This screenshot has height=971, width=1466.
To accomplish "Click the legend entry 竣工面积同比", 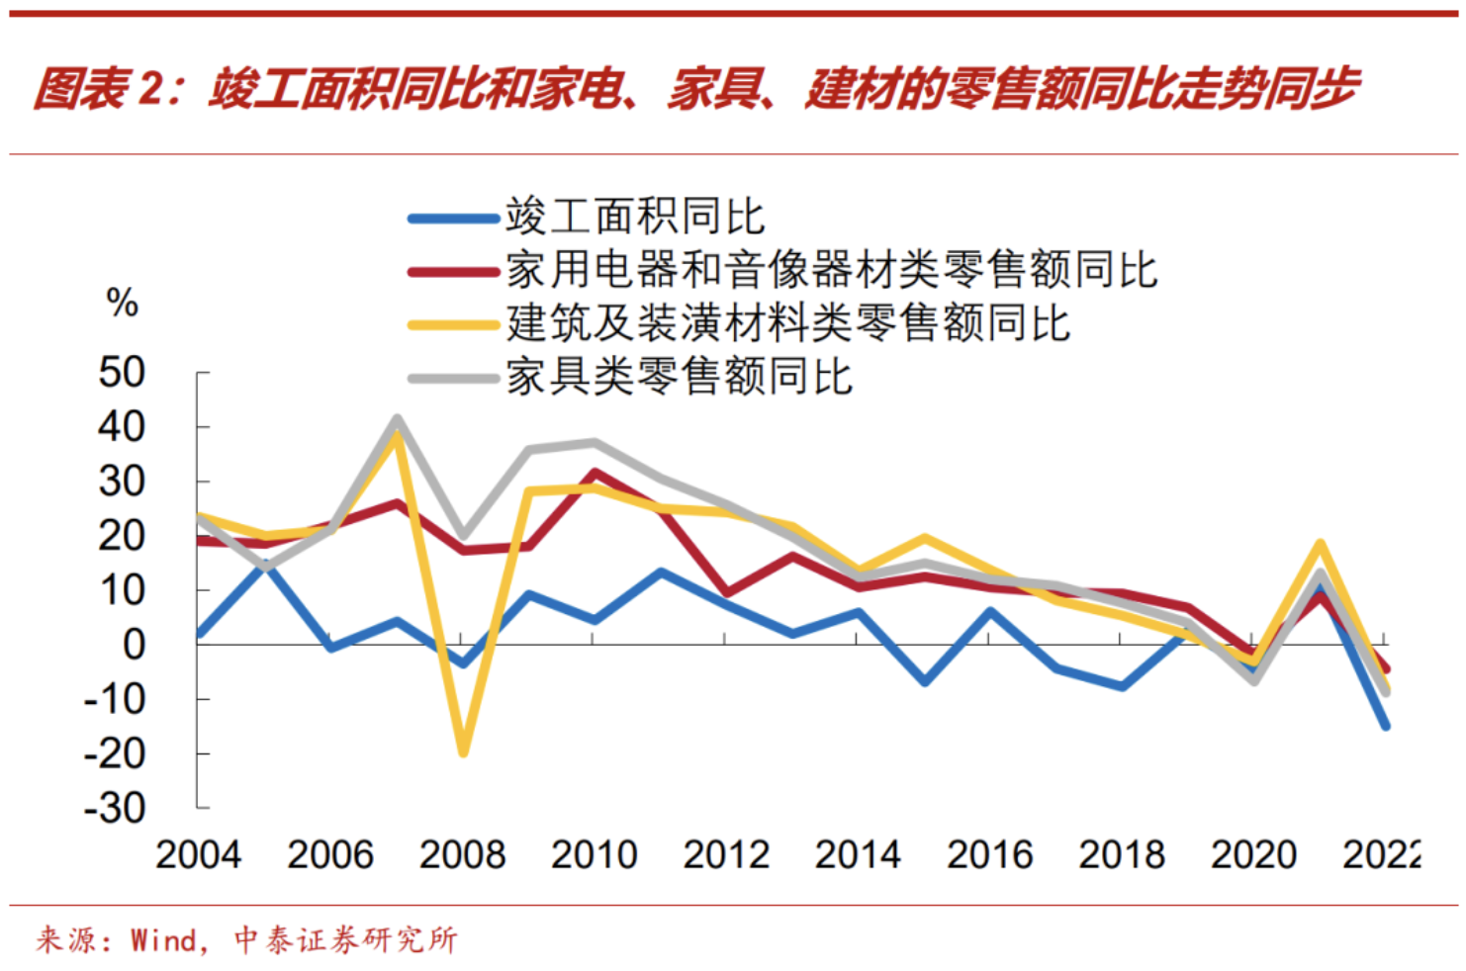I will (634, 216).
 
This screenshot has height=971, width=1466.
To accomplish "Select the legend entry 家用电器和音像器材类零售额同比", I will (831, 269).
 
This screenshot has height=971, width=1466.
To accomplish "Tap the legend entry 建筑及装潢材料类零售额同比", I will (787, 322).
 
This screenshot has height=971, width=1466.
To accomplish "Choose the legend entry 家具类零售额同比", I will (679, 377).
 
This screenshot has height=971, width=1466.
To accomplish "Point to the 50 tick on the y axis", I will (122, 373).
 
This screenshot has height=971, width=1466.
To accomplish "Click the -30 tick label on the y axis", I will (115, 808).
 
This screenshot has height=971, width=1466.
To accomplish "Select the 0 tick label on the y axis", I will (134, 645).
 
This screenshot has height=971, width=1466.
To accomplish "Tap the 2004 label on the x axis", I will (198, 854).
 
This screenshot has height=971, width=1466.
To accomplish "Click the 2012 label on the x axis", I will (725, 854).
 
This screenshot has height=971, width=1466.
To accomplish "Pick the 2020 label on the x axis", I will (1252, 854).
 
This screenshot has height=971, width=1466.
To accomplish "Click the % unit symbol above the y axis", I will (122, 303).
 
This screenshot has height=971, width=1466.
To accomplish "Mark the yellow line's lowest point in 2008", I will (462, 752).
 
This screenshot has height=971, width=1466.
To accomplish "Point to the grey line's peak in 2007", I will (397, 419).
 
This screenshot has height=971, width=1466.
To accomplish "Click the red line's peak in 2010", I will (594, 474).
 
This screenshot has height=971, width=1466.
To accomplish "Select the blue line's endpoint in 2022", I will (1385, 726).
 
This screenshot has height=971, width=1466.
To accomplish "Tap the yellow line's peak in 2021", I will (1320, 544).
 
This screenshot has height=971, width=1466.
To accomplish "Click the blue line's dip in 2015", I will (925, 681).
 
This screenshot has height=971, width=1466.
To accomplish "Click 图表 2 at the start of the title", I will (94, 89).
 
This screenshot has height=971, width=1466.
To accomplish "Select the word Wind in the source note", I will (163, 939).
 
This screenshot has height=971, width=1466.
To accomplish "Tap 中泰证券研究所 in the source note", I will (345, 939).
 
